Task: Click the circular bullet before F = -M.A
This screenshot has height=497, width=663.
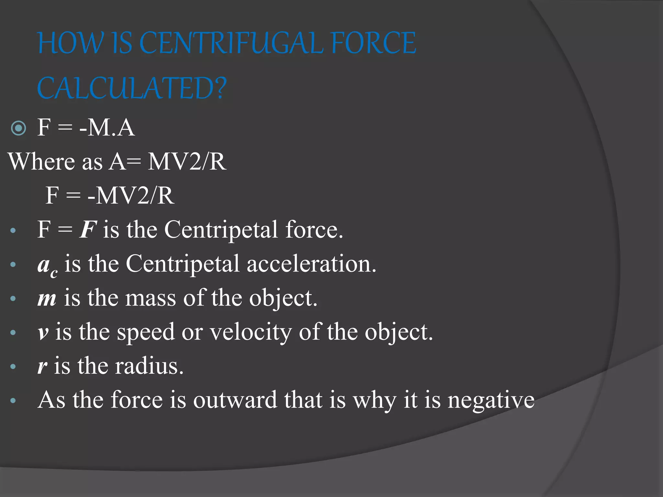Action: (x=18, y=128)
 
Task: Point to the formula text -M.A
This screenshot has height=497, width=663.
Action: (x=107, y=127)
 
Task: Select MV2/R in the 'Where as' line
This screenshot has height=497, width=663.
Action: (x=187, y=161)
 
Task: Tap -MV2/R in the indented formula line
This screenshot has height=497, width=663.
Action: (x=131, y=195)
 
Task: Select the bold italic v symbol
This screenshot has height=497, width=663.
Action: (x=43, y=333)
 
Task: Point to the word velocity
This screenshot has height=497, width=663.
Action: (x=251, y=333)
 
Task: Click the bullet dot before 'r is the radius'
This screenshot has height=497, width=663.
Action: (x=13, y=367)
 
